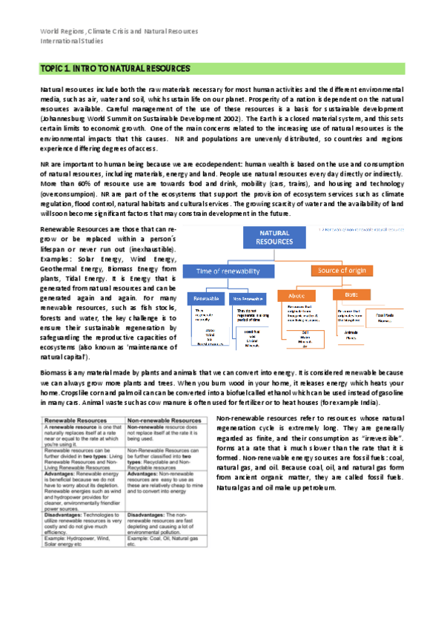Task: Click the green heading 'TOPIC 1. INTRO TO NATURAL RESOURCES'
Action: click(116, 68)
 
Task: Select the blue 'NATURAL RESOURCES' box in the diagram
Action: click(274, 237)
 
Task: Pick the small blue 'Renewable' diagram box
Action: click(205, 298)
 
